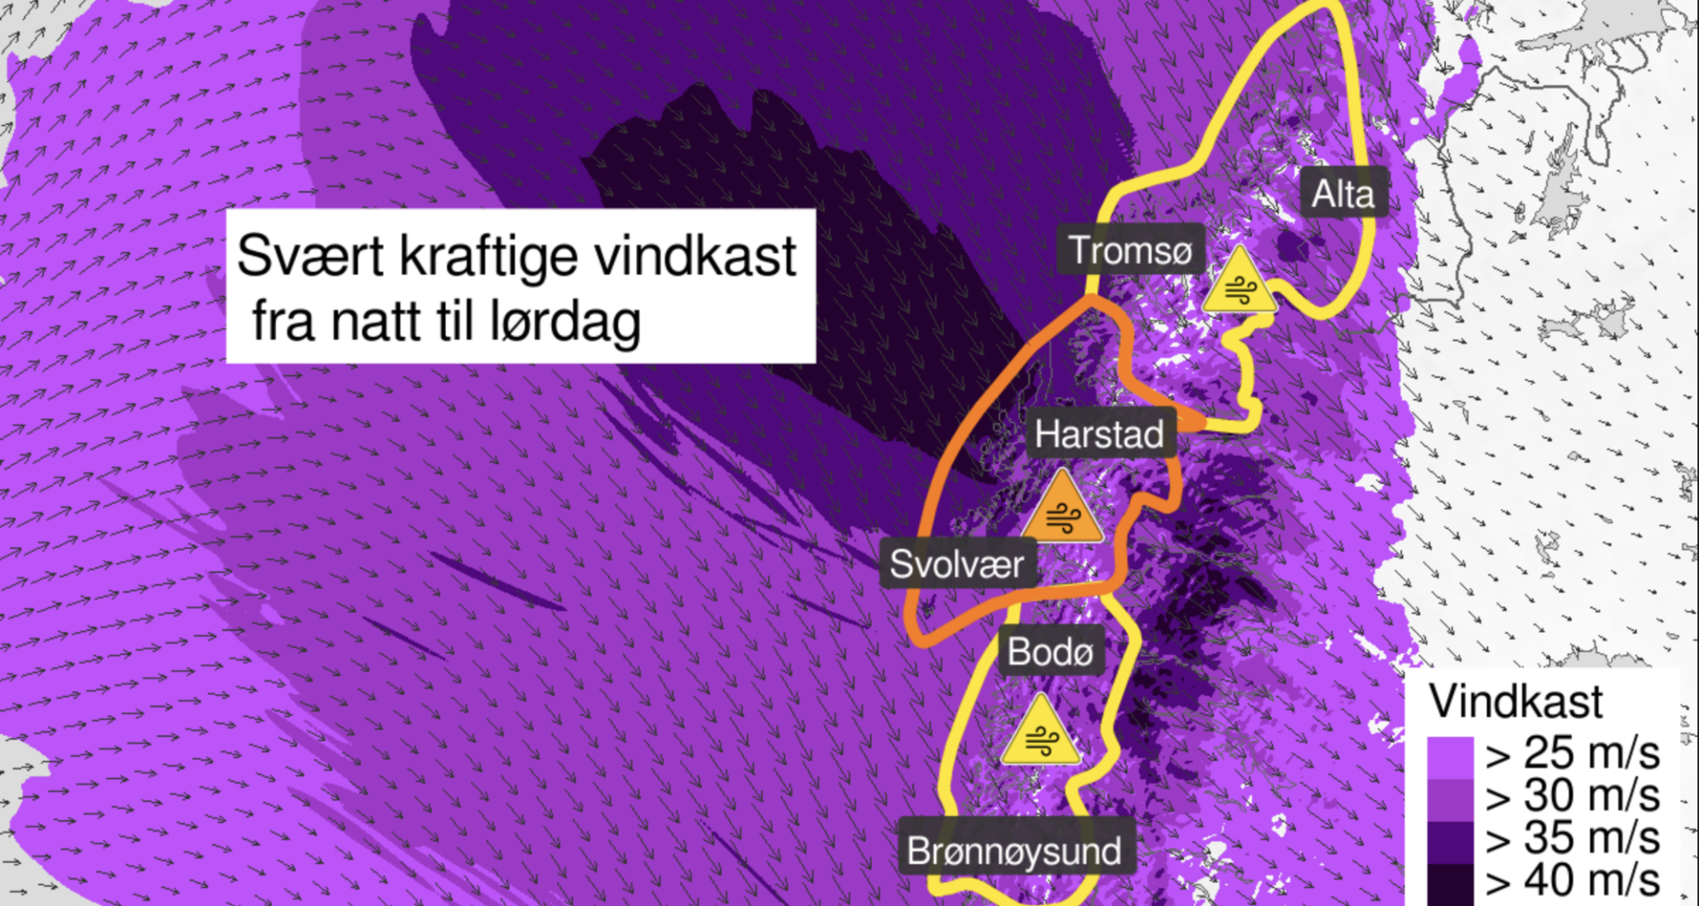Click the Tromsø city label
1130,250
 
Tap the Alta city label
1342,194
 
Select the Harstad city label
1099,434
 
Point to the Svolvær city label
957,564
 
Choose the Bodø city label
1050,652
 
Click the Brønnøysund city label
1014,851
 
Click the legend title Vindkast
1516,702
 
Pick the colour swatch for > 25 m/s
1449,757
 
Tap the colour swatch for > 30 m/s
1449,799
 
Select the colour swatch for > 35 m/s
1449,841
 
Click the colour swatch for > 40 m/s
1449,883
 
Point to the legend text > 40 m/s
1572,881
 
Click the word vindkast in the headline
695,257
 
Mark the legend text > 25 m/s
1572,754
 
